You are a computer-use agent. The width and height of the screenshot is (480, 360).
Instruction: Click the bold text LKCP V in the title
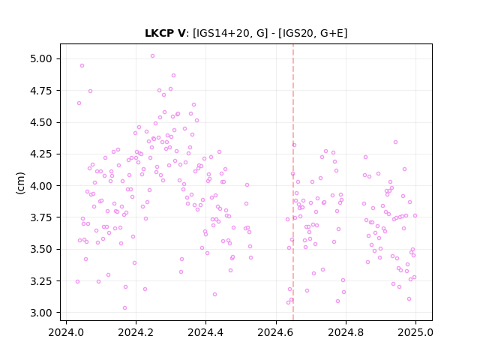(165, 33)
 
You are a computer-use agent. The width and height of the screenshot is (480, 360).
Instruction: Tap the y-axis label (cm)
(20, 183)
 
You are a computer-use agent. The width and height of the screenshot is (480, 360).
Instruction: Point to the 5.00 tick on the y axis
(41, 58)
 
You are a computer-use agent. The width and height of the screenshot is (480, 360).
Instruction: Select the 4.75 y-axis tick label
(41, 91)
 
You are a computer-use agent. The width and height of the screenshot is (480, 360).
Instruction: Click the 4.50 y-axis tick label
(41, 122)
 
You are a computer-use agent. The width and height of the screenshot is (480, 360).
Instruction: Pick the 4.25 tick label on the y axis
(41, 154)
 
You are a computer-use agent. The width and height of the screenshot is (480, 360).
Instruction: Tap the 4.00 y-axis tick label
(41, 186)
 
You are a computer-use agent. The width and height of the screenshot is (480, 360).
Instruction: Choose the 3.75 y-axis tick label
(41, 217)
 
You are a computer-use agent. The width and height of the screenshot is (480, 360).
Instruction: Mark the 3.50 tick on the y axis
(41, 249)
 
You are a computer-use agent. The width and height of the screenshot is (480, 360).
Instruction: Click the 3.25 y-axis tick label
(41, 281)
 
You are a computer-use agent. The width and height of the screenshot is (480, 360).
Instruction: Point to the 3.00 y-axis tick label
(41, 313)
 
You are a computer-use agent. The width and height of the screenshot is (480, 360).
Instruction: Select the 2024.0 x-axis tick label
(66, 332)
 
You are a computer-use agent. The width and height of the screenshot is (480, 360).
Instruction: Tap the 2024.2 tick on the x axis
(136, 332)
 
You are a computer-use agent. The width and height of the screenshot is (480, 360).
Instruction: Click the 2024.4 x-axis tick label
(205, 332)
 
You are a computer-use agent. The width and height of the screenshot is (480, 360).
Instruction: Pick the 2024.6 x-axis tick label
(276, 332)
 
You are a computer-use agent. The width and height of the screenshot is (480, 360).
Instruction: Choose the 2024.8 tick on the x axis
(346, 332)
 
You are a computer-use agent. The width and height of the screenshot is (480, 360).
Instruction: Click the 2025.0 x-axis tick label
(415, 332)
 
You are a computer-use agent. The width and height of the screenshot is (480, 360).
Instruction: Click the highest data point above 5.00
(152, 56)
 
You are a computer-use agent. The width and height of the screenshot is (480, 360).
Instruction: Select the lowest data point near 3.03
(124, 308)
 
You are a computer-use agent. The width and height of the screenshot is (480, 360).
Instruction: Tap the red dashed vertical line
(293, 182)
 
